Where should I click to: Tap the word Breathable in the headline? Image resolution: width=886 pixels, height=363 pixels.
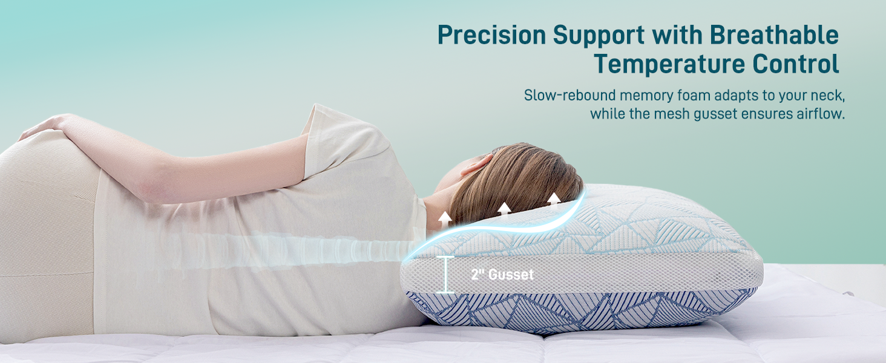point(774,36)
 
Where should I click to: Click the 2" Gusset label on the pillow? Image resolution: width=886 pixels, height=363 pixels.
point(502,275)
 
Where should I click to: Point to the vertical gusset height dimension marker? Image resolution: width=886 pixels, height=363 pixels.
point(445,275)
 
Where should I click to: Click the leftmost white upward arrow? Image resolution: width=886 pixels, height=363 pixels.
point(445,218)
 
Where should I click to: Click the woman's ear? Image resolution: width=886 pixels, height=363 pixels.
point(476,165)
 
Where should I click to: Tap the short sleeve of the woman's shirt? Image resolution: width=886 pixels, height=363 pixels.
point(345,142)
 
